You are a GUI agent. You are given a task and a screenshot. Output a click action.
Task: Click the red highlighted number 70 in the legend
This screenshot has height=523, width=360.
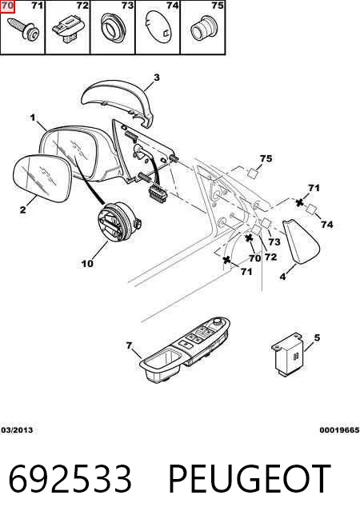(7, 6)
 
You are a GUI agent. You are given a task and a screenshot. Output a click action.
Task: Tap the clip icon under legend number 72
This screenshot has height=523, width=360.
(67, 30)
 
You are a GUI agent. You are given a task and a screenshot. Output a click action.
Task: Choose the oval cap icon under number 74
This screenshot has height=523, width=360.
(158, 26)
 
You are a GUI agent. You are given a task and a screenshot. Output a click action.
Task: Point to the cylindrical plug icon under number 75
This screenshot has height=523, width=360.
(203, 28)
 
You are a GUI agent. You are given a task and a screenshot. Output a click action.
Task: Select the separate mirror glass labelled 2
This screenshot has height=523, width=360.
(42, 178)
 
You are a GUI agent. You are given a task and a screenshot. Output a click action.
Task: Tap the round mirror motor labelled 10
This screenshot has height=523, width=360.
(119, 222)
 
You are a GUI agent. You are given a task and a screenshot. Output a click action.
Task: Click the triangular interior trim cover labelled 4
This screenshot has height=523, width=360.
(301, 240)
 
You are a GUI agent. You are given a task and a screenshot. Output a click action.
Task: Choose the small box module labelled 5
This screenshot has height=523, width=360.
(287, 354)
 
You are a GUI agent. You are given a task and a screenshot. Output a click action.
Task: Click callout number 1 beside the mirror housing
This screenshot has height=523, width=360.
(33, 118)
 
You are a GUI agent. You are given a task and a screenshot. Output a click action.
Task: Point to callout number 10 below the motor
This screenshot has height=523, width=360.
(87, 264)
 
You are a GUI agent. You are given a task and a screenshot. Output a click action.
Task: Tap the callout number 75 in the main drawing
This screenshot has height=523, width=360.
(266, 158)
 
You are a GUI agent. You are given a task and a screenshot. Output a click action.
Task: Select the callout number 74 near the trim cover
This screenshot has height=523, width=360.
(327, 225)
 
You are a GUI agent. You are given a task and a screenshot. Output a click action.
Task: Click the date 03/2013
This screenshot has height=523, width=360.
(17, 430)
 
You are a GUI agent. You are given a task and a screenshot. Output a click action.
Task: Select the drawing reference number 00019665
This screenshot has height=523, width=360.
(339, 430)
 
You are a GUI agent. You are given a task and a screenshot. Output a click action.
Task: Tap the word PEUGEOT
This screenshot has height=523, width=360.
(250, 479)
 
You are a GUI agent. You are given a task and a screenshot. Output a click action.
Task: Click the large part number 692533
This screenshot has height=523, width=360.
(70, 479)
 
